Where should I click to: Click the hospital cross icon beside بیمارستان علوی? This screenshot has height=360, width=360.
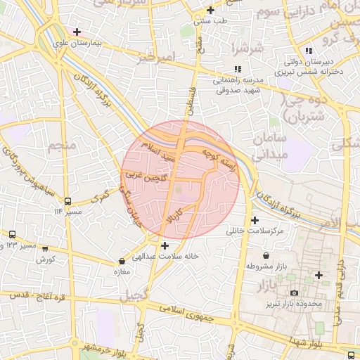point(77,32)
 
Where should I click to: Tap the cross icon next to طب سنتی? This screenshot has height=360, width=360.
point(210,10)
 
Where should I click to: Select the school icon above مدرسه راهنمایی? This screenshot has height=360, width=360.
point(237,69)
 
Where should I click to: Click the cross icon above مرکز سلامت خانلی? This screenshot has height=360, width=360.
point(255,220)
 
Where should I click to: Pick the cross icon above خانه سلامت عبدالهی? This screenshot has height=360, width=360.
point(165,245)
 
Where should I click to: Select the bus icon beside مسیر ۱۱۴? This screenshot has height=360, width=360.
point(67,200)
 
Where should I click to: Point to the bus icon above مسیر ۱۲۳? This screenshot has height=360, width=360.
point(12,234)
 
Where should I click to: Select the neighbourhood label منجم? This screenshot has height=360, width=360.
point(63,146)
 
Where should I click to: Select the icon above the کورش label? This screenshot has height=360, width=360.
point(46,248)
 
